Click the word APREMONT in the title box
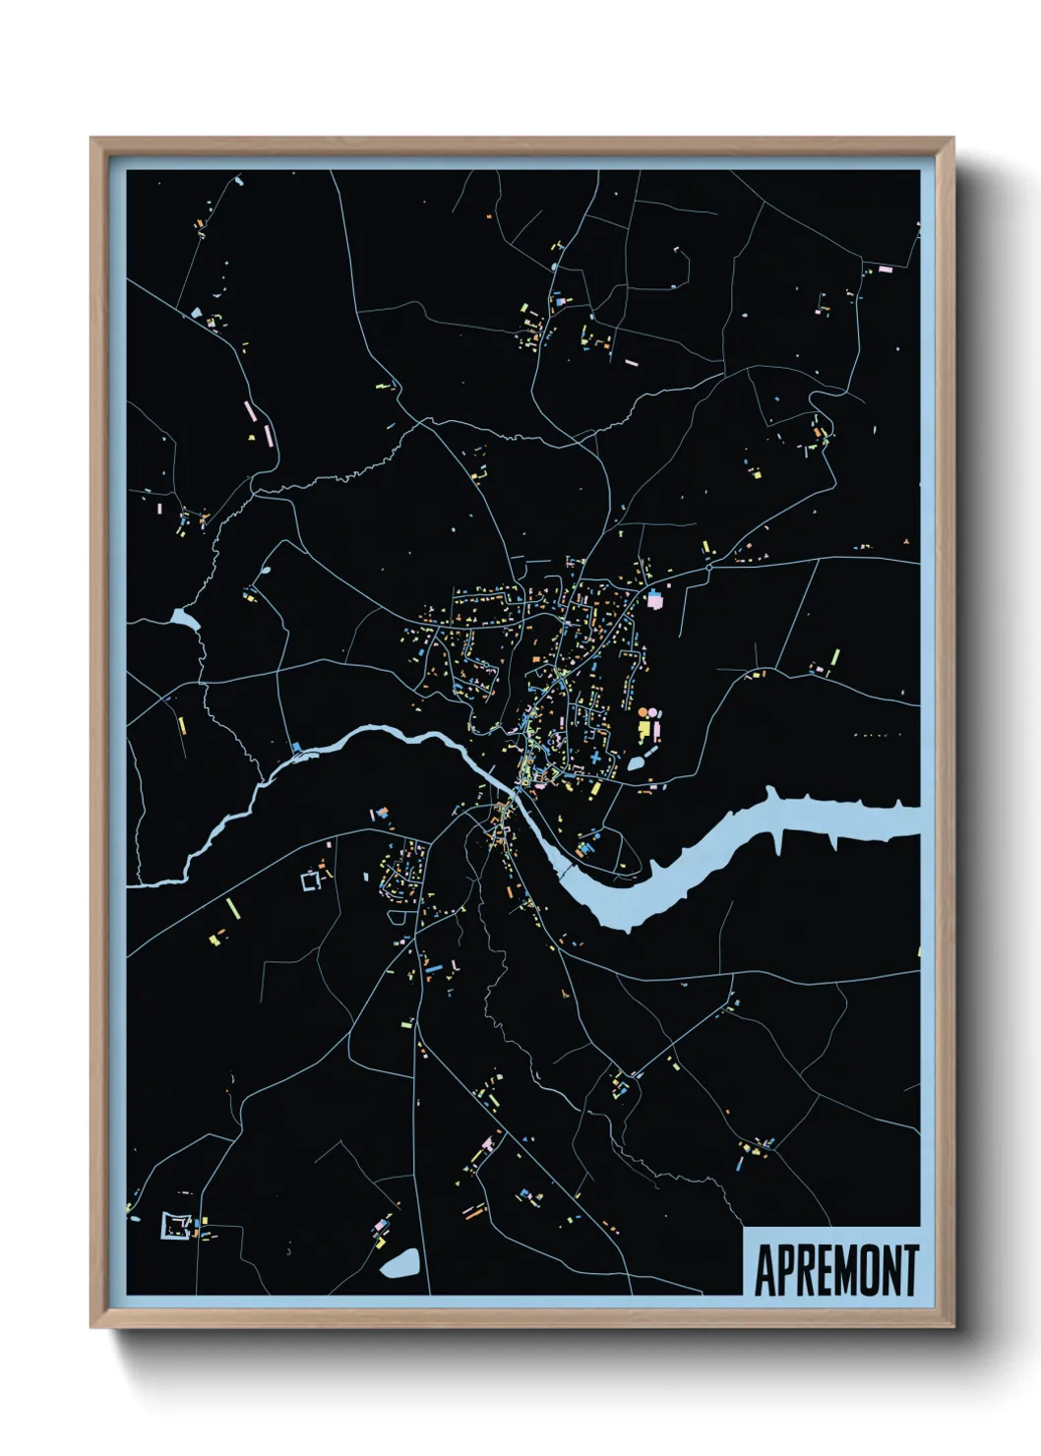pos(835,1270)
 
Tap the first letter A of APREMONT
pos(765,1270)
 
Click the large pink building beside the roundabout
pos(655,598)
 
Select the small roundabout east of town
pos(708,568)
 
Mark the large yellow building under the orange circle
pos(645,730)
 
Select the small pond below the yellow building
pos(636,762)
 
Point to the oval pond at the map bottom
pos(399,1263)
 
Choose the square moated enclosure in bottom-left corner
pos(176,1226)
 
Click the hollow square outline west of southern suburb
pos(311,880)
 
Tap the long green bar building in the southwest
pos(231,907)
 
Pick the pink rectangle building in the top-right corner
pos(885,269)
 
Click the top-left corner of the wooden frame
pos(92,140)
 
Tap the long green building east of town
pos(835,657)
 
